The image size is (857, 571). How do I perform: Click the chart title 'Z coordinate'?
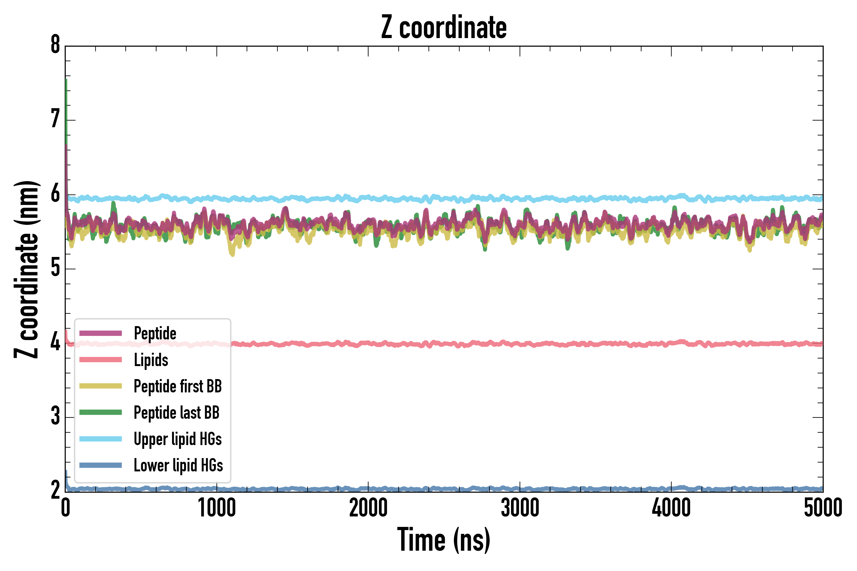(443, 27)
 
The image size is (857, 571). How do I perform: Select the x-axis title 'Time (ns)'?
(443, 540)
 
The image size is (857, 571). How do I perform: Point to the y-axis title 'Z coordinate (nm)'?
(26, 269)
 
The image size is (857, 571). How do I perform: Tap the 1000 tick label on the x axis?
(217, 509)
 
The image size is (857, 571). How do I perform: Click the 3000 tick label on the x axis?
(520, 509)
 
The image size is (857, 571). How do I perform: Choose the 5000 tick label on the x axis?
(823, 509)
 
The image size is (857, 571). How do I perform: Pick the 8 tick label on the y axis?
(55, 45)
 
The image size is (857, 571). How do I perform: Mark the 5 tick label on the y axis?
(55, 268)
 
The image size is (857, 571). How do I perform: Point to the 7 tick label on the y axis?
(55, 120)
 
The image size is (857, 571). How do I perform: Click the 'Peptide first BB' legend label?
(178, 386)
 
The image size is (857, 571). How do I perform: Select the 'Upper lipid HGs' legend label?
(178, 439)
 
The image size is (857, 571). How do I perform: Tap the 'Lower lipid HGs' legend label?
(178, 466)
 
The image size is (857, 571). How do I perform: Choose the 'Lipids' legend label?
(151, 360)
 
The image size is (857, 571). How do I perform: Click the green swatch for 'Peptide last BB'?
(101, 412)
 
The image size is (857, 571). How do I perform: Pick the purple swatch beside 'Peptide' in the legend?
(101, 333)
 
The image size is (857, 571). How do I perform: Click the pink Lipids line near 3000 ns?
(520, 344)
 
